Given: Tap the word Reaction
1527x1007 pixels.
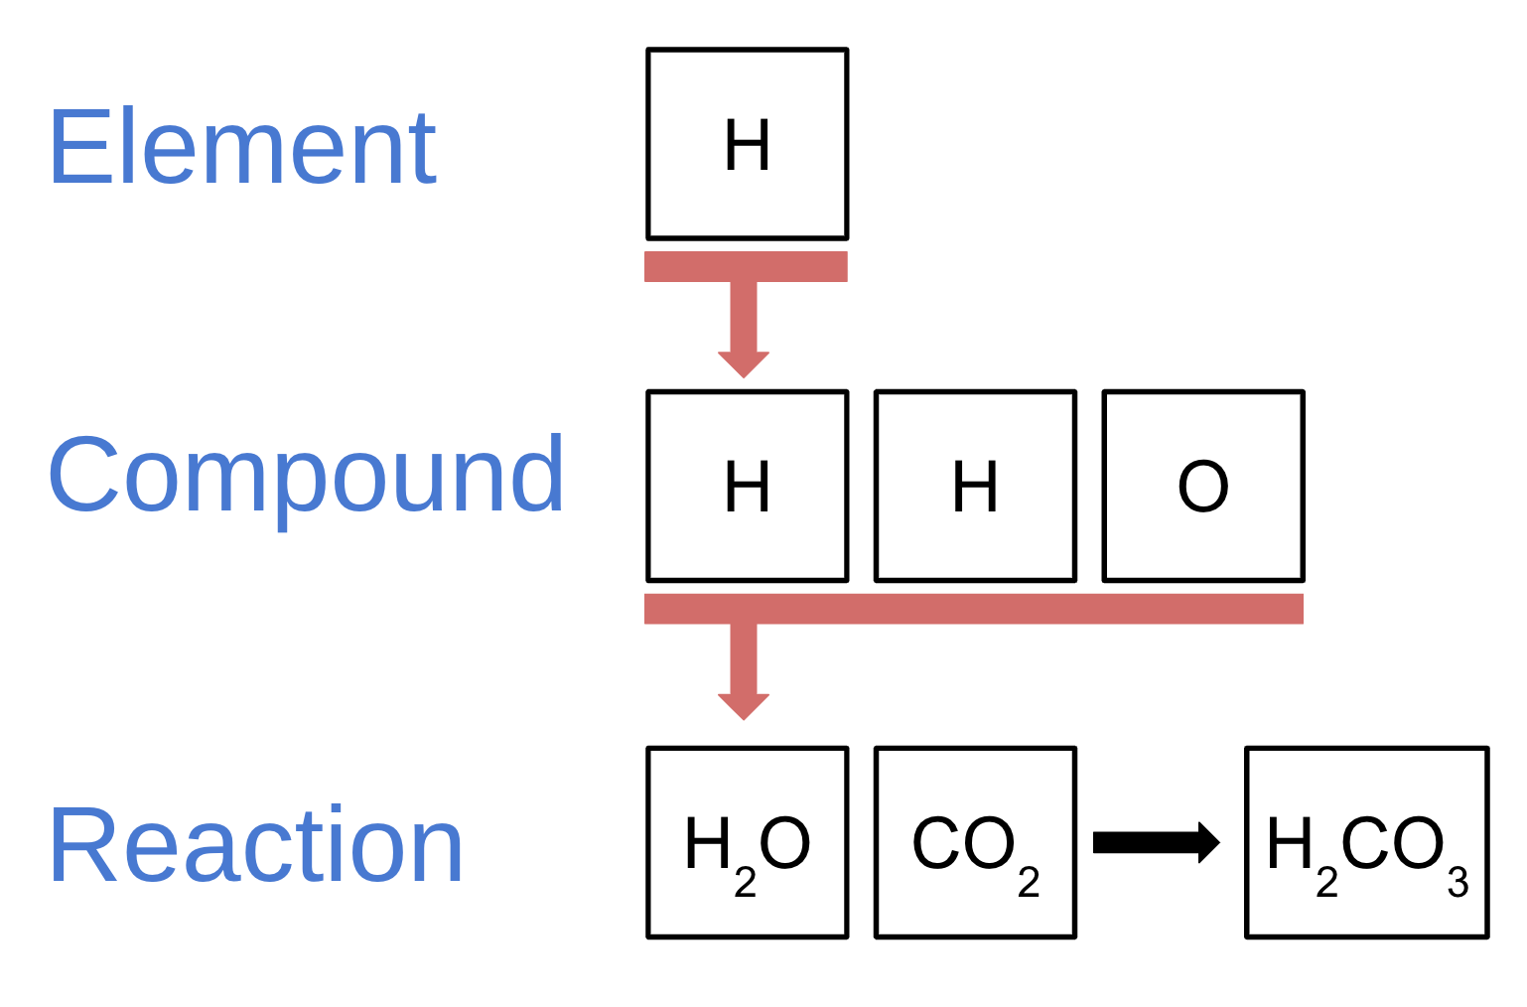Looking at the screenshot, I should pyautogui.click(x=256, y=846).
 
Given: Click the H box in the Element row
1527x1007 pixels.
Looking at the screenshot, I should pyautogui.click(x=747, y=145).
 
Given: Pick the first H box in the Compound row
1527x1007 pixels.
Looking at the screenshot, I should pyautogui.click(x=747, y=487).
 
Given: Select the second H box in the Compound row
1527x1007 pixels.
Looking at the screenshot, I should pyautogui.click(x=975, y=487).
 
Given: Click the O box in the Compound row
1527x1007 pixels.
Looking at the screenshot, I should pyautogui.click(x=1202, y=487).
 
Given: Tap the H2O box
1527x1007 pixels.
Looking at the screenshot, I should pyautogui.click(x=747, y=843).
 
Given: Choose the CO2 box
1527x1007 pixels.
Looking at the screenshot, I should pyautogui.click(x=975, y=843).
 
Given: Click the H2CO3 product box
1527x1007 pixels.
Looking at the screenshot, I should pyautogui.click(x=1366, y=843).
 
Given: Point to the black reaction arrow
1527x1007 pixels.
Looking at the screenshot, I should pyautogui.click(x=1156, y=843).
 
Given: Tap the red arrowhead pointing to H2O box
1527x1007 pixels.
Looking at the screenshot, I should pyautogui.click(x=744, y=706).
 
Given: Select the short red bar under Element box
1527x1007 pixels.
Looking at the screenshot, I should pyautogui.click(x=746, y=267).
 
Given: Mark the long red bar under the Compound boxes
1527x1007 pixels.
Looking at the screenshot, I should pyautogui.click(x=973, y=609).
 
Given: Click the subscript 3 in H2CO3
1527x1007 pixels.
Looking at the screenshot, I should pyautogui.click(x=1458, y=882).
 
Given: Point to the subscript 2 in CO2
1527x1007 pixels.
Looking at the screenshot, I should pyautogui.click(x=1029, y=882).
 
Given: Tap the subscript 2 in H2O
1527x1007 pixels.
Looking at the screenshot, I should pyautogui.click(x=746, y=882).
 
